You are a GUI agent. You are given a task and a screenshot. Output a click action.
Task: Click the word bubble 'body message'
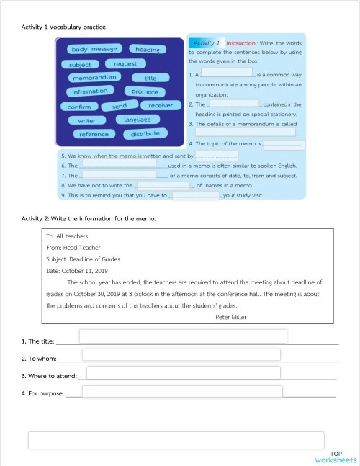[94, 49]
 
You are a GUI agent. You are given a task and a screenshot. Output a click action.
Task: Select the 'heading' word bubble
[148, 49]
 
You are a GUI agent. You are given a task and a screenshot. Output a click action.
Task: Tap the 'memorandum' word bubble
[94, 77]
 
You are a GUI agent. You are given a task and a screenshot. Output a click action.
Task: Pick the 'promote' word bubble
[145, 91]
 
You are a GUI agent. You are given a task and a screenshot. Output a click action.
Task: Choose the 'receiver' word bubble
[161, 105]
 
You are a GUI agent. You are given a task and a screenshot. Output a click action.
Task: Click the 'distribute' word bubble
[145, 133]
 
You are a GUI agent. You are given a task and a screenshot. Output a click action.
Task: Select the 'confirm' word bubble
[79, 107]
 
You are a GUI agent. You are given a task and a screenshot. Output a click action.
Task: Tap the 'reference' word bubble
[94, 134]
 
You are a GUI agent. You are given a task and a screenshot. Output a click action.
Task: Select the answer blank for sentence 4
[284, 145]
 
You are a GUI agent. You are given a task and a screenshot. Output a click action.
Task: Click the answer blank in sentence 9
[196, 194]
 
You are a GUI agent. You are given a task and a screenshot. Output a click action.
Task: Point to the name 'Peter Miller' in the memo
[230, 316]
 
